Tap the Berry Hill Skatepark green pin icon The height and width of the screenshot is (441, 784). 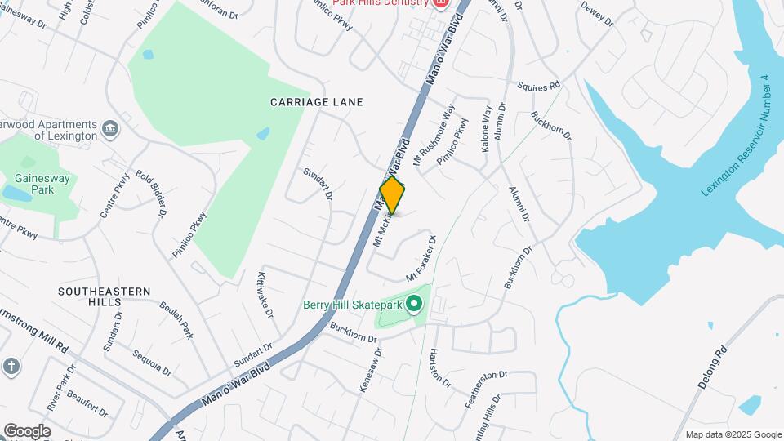click(x=414, y=305)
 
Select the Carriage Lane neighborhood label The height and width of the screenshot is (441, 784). click(x=317, y=102)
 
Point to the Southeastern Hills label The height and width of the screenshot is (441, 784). click(x=105, y=296)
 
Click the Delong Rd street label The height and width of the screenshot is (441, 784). click(x=711, y=370)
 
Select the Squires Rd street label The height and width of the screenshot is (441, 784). click(x=539, y=86)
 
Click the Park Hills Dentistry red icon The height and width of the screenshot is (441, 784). click(x=441, y=2)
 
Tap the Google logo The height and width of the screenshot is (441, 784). click(x=26, y=431)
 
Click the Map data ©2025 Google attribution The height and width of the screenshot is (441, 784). click(x=733, y=434)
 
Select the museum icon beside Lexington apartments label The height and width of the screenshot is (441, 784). click(x=110, y=128)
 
